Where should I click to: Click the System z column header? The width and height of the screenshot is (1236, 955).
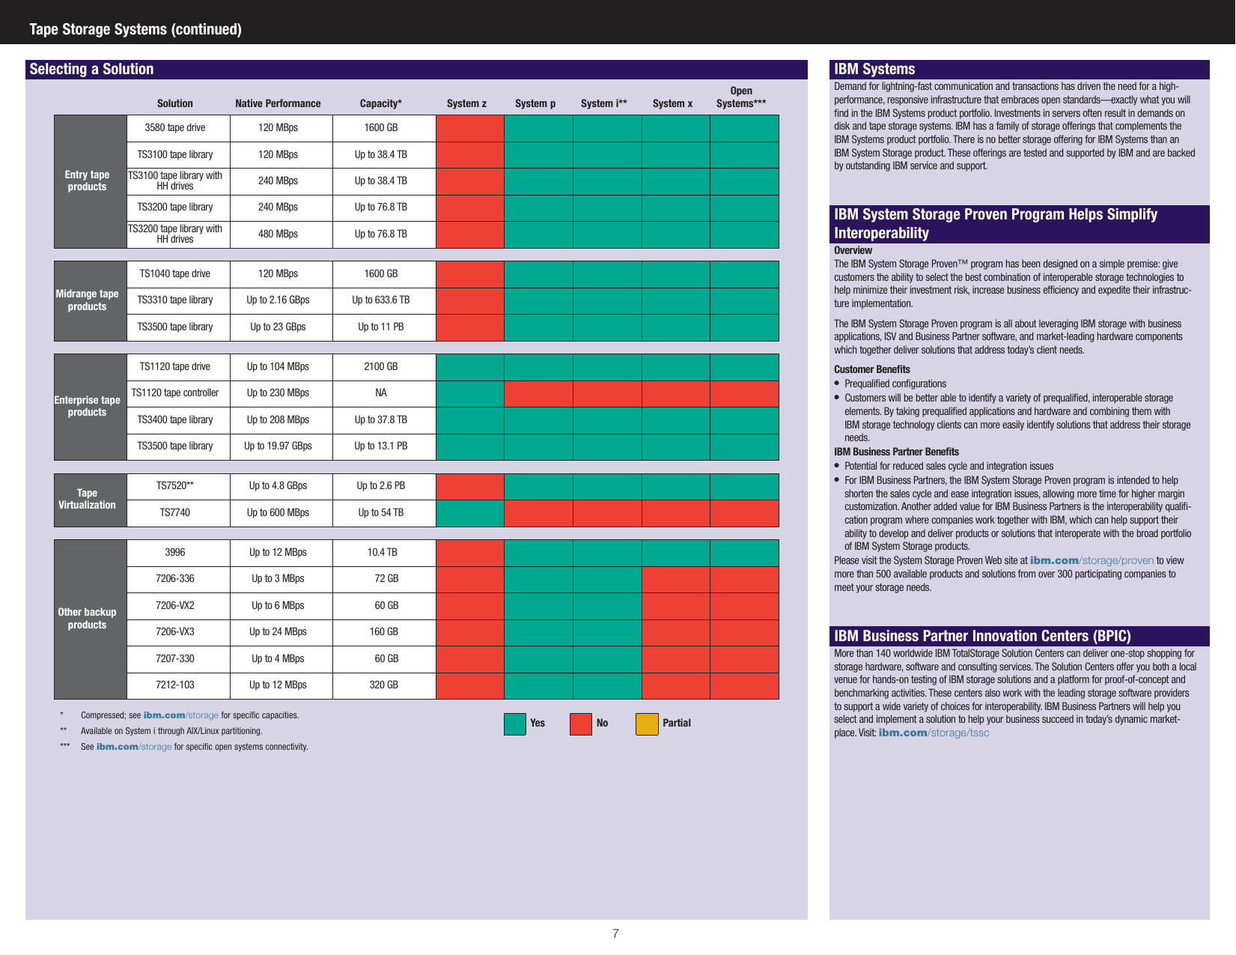[466, 103]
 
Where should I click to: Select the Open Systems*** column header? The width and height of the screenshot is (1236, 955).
[740, 97]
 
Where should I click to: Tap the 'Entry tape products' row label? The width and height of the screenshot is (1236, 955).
[88, 181]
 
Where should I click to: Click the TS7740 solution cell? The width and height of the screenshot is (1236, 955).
[175, 512]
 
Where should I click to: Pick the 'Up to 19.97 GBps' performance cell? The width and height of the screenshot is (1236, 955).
[278, 446]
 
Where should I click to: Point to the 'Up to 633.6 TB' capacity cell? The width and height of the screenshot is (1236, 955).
[380, 300]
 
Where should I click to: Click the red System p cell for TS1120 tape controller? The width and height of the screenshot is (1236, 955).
[538, 393]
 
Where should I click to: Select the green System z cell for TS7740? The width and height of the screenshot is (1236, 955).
[469, 513]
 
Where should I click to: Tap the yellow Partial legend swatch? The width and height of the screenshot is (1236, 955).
[646, 724]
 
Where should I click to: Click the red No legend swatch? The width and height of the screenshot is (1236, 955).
[580, 724]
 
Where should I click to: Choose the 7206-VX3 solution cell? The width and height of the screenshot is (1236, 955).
[175, 631]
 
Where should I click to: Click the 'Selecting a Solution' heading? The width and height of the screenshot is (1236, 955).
[91, 69]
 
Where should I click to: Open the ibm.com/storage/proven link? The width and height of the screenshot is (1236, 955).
[1092, 560]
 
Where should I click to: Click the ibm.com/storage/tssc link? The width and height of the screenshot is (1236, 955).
[934, 733]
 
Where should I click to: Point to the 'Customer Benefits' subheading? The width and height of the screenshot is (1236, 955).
[871, 369]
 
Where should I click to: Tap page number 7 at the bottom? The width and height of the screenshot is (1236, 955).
[615, 933]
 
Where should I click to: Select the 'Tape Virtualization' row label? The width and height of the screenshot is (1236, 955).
[88, 499]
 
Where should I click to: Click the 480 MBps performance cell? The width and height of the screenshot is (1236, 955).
[278, 234]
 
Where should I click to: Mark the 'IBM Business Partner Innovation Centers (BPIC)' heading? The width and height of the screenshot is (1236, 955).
[982, 636]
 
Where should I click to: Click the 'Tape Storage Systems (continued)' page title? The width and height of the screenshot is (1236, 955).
[136, 29]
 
